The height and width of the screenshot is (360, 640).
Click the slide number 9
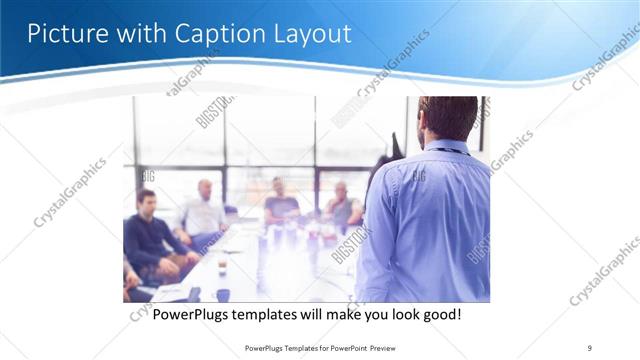pos(589,348)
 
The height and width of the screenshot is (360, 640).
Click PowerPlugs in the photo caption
pos(191,314)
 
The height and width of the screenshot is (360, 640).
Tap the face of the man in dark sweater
pos(146,200)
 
